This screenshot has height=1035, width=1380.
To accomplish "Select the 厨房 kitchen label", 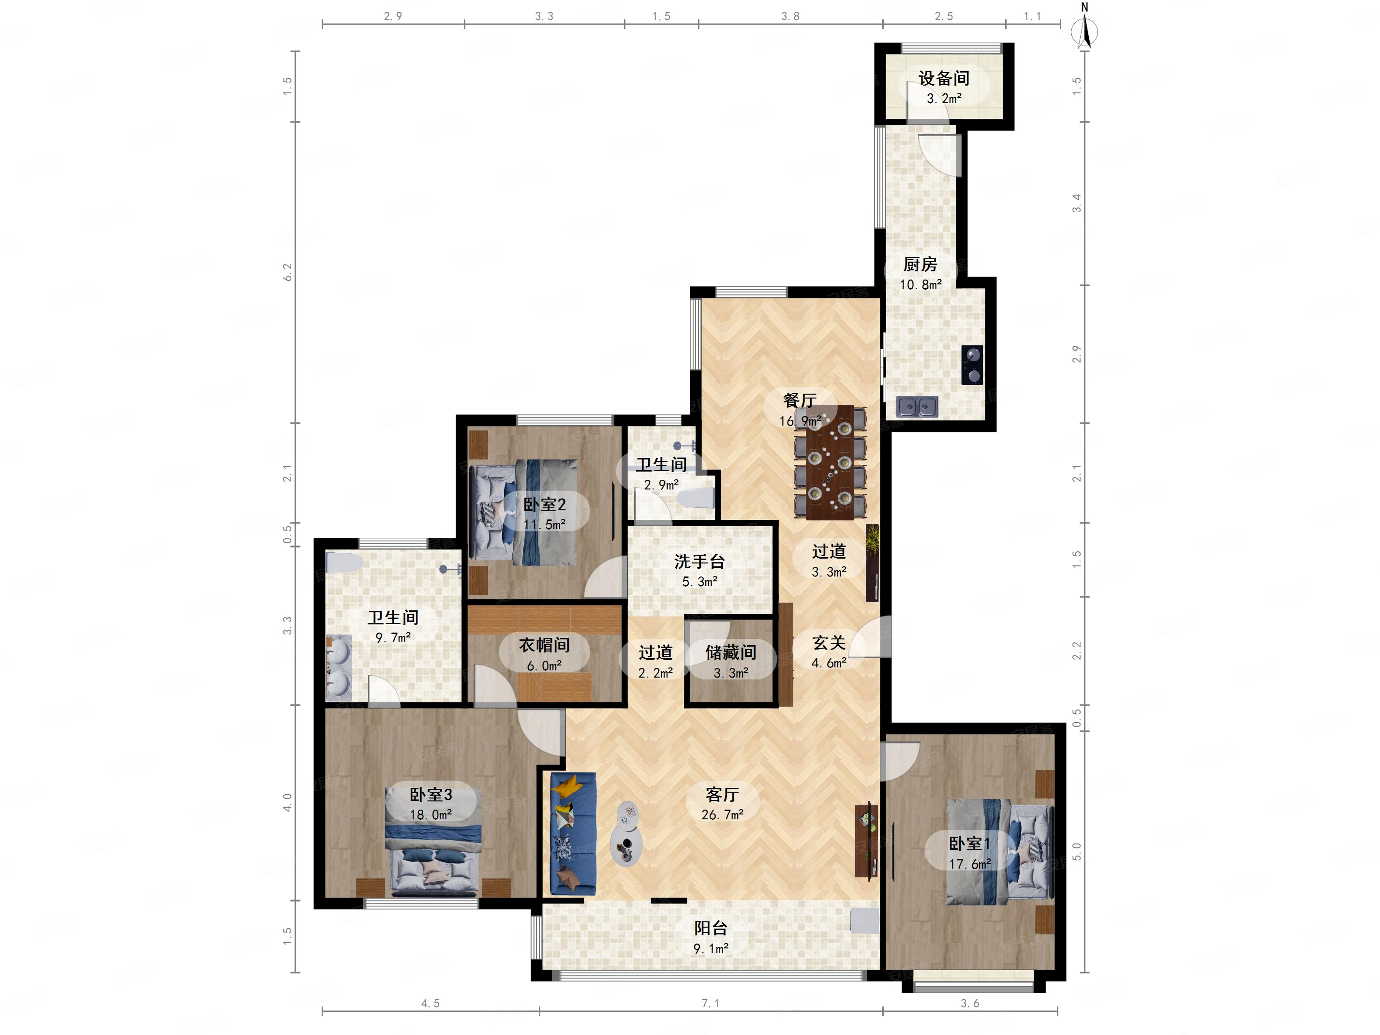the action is pyautogui.click(x=920, y=265).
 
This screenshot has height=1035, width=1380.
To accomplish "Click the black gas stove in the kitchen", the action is pyautogui.click(x=972, y=365).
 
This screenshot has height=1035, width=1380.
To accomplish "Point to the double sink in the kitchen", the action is pyautogui.click(x=917, y=407).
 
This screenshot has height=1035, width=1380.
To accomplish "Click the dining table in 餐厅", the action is pyautogui.click(x=830, y=462).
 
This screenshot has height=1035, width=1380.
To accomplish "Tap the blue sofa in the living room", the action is pyautogui.click(x=573, y=834).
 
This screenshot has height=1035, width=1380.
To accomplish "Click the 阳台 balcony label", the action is pyautogui.click(x=711, y=928).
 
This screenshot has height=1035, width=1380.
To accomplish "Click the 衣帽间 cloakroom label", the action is pyautogui.click(x=544, y=645).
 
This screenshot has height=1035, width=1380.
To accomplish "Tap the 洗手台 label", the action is pyautogui.click(x=699, y=562).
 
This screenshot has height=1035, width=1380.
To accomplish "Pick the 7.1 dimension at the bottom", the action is pyautogui.click(x=711, y=1003).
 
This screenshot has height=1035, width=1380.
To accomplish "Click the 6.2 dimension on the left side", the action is pyautogui.click(x=288, y=272).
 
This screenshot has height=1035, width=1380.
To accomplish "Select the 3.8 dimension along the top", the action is pyautogui.click(x=790, y=16).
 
